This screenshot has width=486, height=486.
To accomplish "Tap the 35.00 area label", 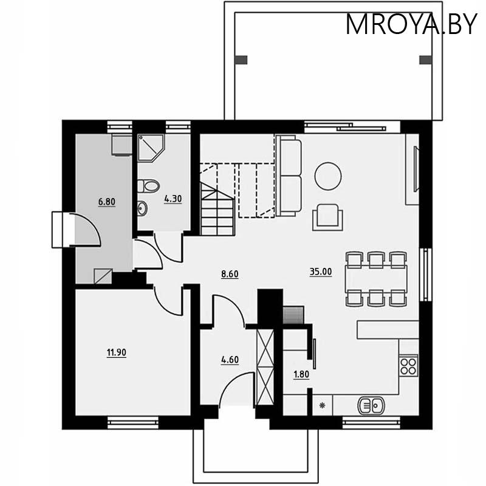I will (x=321, y=272).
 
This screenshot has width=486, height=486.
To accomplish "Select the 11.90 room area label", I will (x=116, y=352).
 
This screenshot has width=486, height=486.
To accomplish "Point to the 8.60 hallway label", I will (x=230, y=274).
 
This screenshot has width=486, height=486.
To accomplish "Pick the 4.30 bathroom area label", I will (x=173, y=197).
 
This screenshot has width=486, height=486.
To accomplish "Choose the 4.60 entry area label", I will (x=230, y=360).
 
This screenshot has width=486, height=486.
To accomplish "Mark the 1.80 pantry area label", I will (x=301, y=374).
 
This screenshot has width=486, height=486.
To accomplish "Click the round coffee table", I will (x=328, y=176).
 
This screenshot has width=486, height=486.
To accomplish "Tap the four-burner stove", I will (x=409, y=366).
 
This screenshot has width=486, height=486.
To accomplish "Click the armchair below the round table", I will (x=327, y=216).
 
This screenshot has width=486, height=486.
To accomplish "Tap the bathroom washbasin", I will (x=142, y=208).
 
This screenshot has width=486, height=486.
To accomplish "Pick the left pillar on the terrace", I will (x=241, y=60).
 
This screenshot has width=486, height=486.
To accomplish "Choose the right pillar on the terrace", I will (x=426, y=60).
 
